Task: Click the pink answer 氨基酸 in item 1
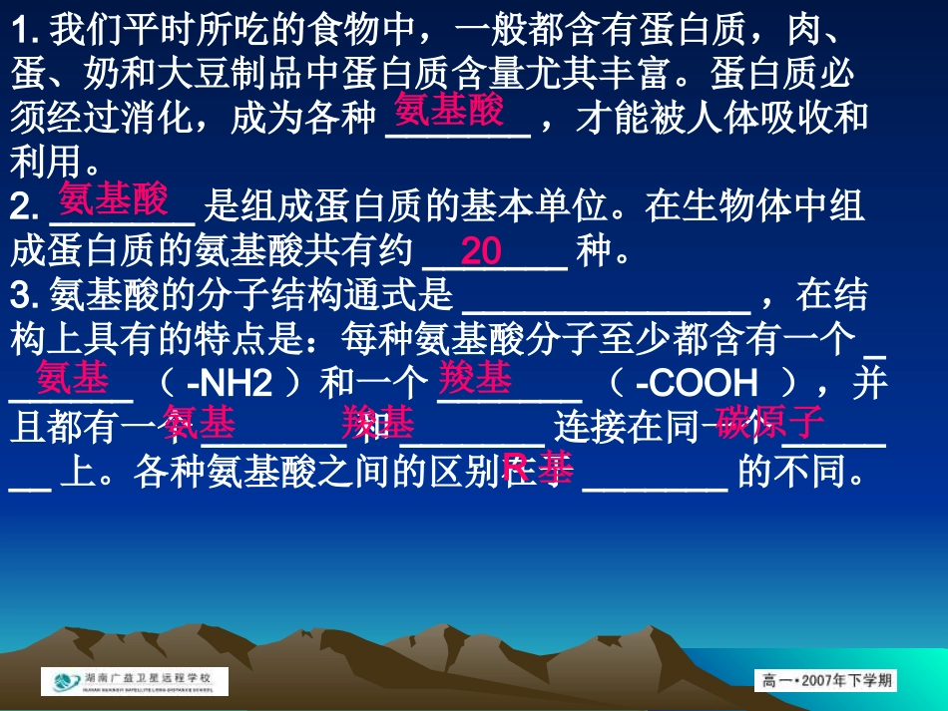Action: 450,110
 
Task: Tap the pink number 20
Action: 481,251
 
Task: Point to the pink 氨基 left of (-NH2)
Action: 72,378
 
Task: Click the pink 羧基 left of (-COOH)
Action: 475,378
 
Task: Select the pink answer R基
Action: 538,466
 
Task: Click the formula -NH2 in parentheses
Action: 232,384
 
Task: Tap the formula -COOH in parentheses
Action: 696,384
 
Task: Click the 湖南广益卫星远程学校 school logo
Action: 135,682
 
